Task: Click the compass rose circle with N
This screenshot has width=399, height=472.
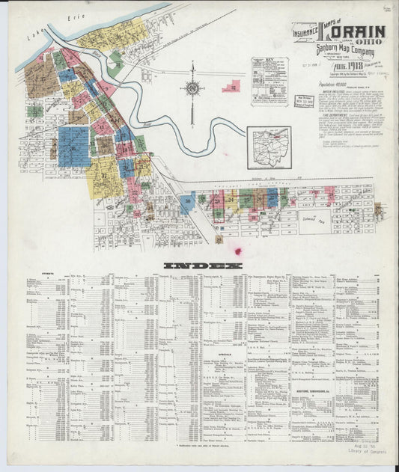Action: [x=192, y=90]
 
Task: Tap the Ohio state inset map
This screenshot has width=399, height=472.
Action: [x=268, y=143]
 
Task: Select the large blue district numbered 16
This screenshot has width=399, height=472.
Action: [x=73, y=145]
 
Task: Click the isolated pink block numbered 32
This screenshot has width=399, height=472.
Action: [x=233, y=88]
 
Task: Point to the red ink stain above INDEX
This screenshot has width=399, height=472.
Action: [x=238, y=251]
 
